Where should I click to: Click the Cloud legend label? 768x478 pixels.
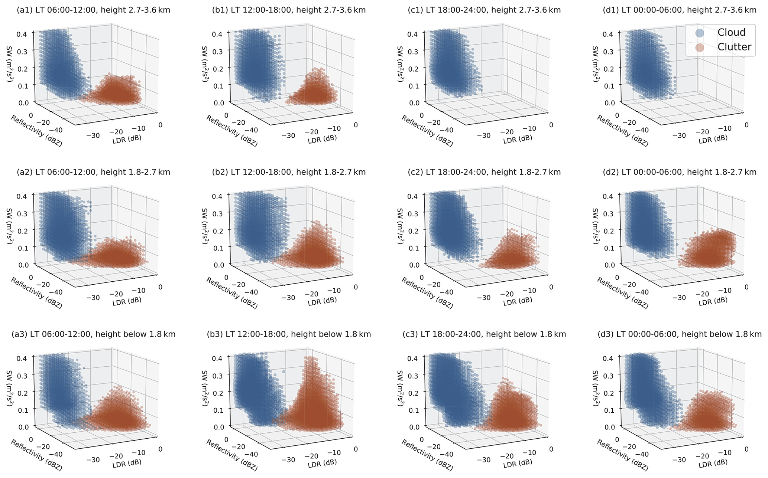click(x=731, y=33)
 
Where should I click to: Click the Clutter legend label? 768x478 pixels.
click(x=734, y=47)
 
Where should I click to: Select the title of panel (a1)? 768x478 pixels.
click(x=94, y=10)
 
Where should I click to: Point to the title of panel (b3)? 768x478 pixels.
click(x=289, y=334)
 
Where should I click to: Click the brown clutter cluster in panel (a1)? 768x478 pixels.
click(x=119, y=91)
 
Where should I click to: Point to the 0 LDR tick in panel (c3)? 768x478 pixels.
click(x=551, y=449)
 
